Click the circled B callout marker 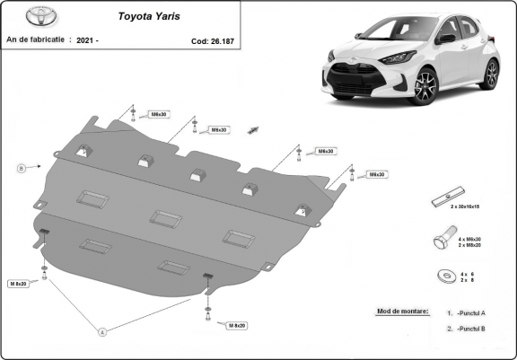point(20,167)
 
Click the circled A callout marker point(101,332)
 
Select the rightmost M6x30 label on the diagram point(376,174)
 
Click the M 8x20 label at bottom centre point(237,325)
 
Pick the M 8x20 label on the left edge point(19,284)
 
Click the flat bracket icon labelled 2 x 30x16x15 point(446,197)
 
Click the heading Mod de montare point(397,312)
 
